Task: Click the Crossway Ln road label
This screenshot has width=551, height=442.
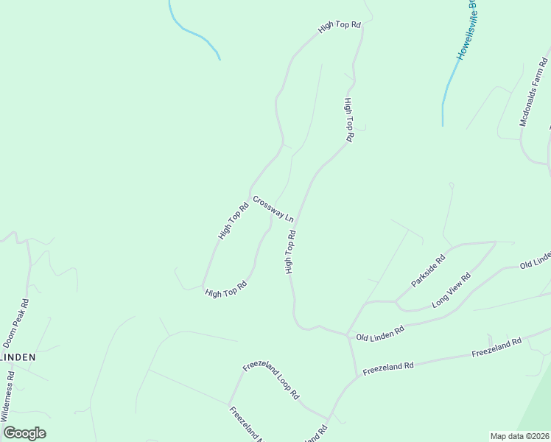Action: (273, 209)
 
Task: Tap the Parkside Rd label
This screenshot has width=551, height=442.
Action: (429, 270)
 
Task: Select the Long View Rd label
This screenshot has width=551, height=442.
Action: (451, 291)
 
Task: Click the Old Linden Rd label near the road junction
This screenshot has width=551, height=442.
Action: (380, 332)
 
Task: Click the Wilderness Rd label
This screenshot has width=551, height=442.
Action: (8, 395)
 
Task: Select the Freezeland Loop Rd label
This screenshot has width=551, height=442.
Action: (271, 380)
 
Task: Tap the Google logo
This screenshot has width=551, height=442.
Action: (24, 433)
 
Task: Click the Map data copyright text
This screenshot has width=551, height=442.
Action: (519, 436)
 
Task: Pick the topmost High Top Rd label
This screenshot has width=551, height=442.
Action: (340, 26)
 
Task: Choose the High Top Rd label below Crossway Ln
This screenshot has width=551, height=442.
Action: (291, 252)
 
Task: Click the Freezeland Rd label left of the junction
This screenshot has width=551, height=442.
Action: (389, 366)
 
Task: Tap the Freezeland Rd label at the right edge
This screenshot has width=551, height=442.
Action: (496, 347)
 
